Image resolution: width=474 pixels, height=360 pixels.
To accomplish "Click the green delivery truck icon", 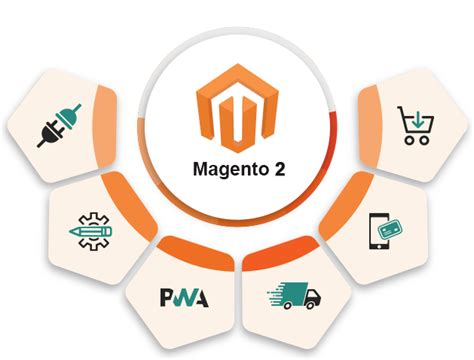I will coord(293,297).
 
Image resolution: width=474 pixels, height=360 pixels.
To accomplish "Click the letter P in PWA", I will coord(167,298).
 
